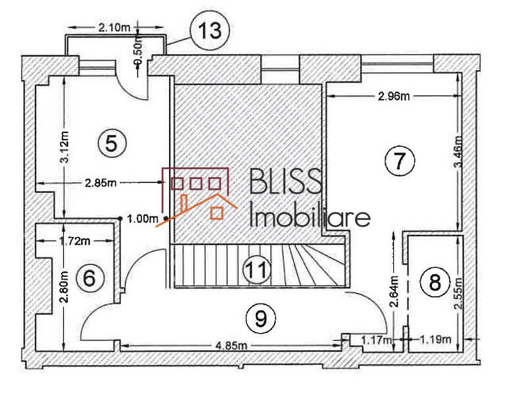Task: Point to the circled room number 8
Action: pyautogui.click(x=434, y=283)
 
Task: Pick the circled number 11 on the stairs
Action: pyautogui.click(x=256, y=269)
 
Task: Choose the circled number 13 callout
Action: pyautogui.click(x=210, y=31)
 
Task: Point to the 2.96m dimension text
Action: pyautogui.click(x=394, y=97)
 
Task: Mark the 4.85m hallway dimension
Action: pyautogui.click(x=229, y=346)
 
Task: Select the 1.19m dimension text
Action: pyautogui.click(x=435, y=340)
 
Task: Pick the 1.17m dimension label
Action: pyautogui.click(x=375, y=340)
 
